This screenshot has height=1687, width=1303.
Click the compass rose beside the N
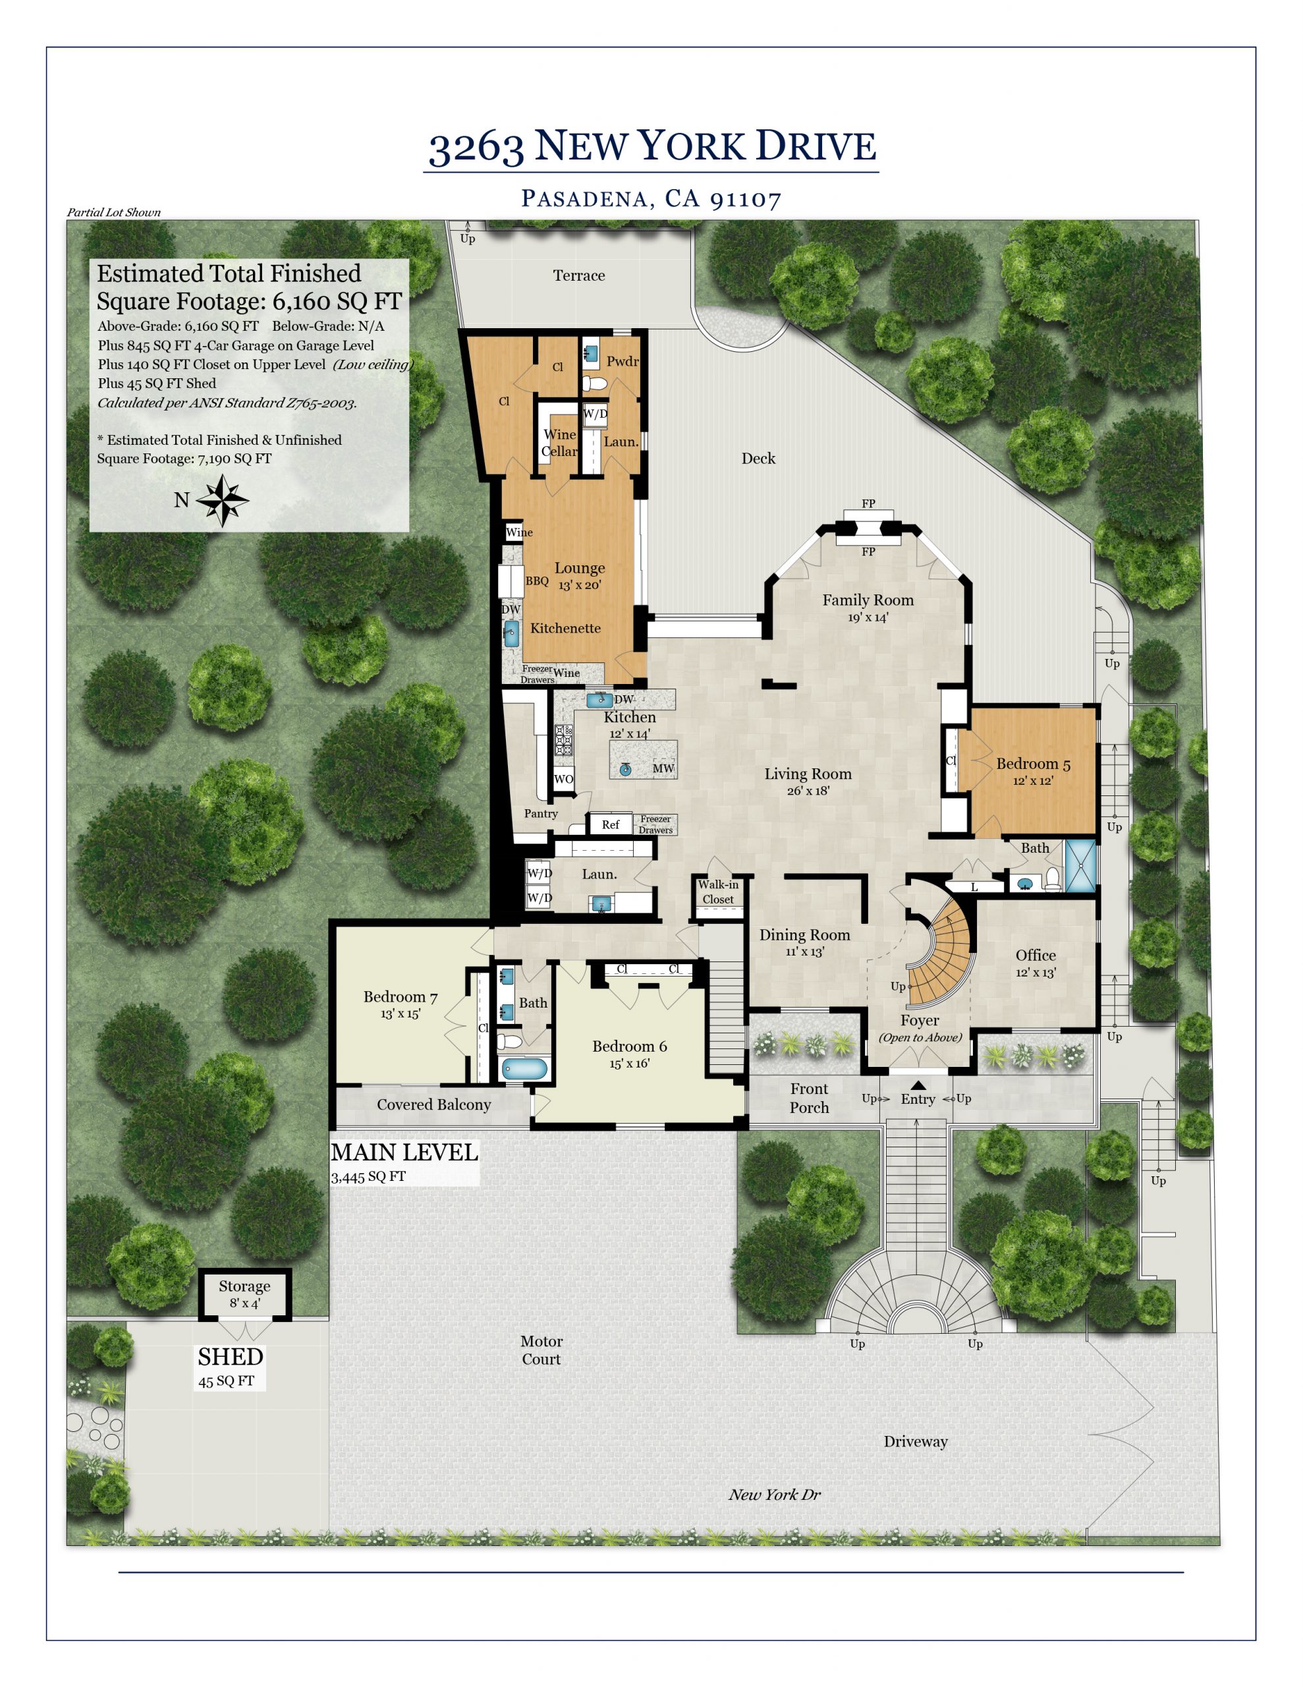coord(223,501)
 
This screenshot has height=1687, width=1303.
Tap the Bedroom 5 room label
coord(1033,764)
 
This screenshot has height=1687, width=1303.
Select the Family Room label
coord(868,600)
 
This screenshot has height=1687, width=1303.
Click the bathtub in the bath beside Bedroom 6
coord(524,1069)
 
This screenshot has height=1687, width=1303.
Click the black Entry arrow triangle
coord(918,1085)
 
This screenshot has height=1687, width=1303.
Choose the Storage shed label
coord(244,1286)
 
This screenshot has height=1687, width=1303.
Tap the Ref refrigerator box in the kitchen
coord(610,824)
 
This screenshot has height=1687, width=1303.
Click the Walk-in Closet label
coord(718,892)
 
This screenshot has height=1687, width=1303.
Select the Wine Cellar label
coord(559,443)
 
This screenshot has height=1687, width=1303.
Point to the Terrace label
coord(578,275)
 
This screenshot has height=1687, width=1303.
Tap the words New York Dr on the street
coord(775,1495)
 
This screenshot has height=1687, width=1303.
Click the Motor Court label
coord(541,1350)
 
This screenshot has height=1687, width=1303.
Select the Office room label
coord(1035,956)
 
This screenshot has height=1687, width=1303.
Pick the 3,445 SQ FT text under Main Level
coord(368,1177)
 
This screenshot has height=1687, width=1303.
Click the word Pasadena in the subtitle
coord(585,198)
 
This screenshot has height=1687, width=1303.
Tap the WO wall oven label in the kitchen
coord(564,779)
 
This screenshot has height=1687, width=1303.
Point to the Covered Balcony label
coord(433,1104)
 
